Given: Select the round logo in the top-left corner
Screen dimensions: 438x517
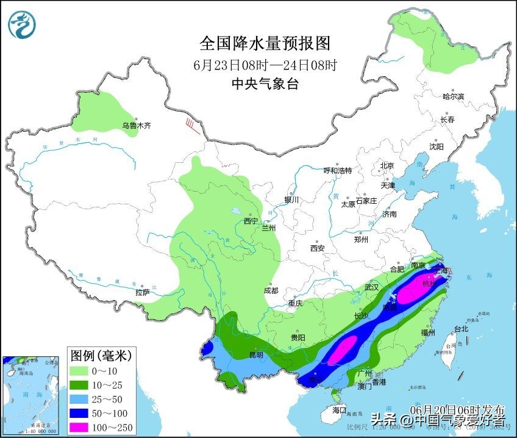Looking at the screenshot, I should click(x=22, y=24).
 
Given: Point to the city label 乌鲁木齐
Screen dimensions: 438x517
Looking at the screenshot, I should click(x=135, y=126).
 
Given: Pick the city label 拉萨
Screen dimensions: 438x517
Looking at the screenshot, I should click(x=142, y=293).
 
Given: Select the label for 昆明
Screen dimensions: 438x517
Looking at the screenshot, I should click(x=256, y=354).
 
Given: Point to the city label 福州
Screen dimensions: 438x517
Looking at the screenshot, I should click(x=427, y=333).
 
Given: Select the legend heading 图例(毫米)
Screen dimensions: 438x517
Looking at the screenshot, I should click(x=100, y=355).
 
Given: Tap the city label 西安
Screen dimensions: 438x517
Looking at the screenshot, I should click(x=317, y=248).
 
